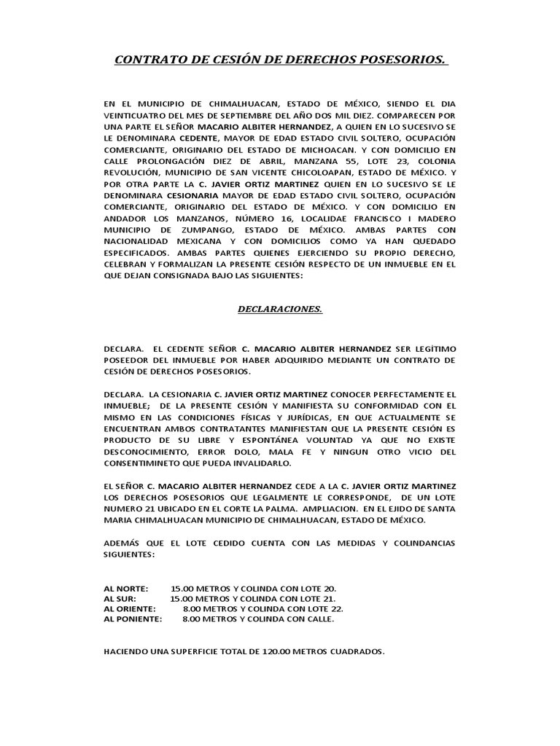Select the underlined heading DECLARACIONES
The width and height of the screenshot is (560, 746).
coord(280,309)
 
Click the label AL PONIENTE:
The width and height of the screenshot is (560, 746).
coord(133,619)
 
